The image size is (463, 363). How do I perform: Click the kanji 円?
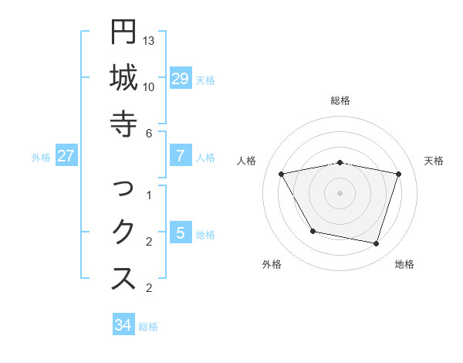point(123,32)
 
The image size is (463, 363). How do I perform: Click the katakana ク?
point(123,232)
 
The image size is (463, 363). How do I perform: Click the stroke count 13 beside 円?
point(150,40)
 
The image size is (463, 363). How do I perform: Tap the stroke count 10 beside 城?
point(150,87)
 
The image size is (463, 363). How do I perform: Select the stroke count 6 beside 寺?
point(149,133)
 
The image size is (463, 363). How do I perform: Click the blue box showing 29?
point(180,79)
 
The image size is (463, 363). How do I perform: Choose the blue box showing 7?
point(180,156)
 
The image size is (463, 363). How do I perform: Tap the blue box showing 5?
point(180,233)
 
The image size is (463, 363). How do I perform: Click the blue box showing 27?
point(66,156)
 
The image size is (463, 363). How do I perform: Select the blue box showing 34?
point(123,325)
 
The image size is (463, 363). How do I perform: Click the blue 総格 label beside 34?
point(148,327)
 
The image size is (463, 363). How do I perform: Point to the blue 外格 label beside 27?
point(41,158)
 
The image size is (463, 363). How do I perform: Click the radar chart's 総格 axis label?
point(340,100)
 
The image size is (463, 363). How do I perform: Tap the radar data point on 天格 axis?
point(398,175)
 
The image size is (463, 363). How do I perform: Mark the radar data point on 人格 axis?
point(282,175)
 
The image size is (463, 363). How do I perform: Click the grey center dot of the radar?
point(340,192)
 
